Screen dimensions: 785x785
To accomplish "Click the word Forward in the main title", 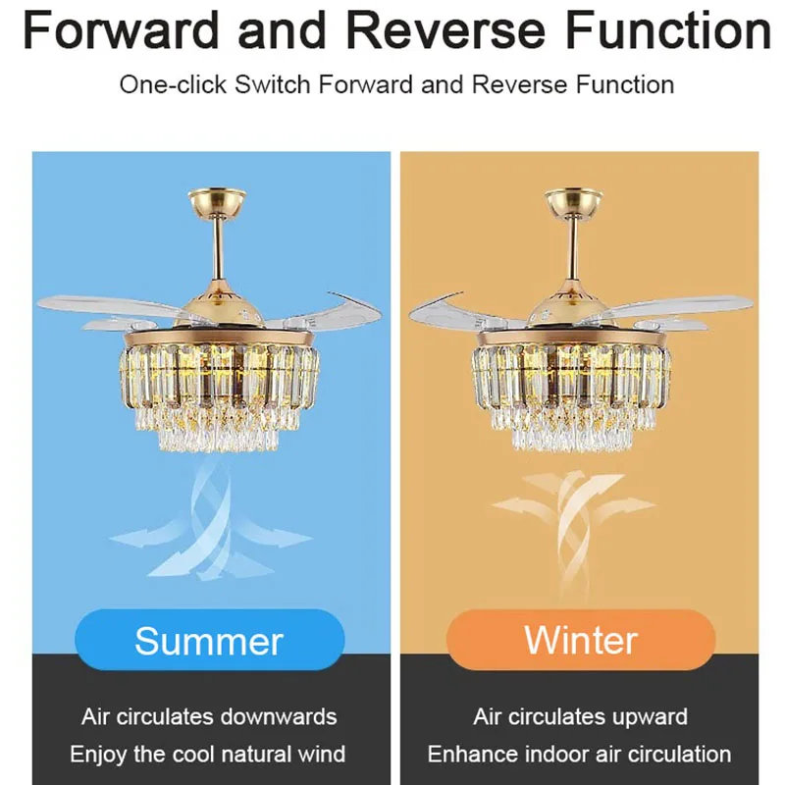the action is click(121, 30).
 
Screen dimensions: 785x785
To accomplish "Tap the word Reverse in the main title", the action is click(445, 30).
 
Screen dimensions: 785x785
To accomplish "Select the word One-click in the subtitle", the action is click(173, 84).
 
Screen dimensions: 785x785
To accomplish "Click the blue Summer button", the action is click(209, 640).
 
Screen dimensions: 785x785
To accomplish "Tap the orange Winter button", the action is click(581, 640).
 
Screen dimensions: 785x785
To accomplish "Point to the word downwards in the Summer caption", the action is click(279, 716).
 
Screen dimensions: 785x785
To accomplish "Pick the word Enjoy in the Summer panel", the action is click(99, 755).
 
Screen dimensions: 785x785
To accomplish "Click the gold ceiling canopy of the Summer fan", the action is click(217, 201).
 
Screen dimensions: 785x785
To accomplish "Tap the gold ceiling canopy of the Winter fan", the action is click(574, 201).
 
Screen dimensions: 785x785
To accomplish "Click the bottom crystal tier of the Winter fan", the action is click(572, 437).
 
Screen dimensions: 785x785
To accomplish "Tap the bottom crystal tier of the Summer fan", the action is click(218, 437).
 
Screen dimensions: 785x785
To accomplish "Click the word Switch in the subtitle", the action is click(273, 84).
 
